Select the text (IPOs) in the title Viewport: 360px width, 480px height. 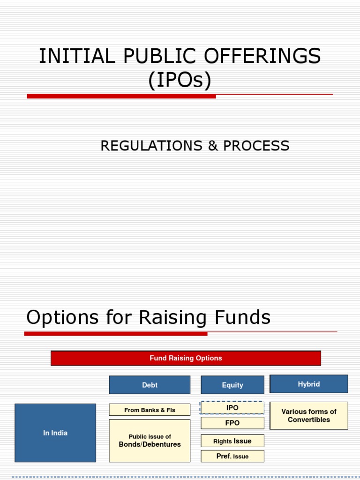[180, 80]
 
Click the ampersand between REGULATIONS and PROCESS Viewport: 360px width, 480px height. [213, 146]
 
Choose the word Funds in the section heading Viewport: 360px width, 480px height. [246, 317]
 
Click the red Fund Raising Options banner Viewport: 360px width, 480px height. [186, 358]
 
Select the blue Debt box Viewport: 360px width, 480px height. [150, 385]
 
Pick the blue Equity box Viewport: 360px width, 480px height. [232, 385]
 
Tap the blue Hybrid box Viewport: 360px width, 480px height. [309, 384]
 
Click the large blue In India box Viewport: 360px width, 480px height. [55, 433]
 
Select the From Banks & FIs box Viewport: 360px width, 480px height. [150, 410]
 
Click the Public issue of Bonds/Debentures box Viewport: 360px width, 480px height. [150, 441]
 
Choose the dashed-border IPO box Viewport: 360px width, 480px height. [232, 408]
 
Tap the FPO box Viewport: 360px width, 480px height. [232, 423]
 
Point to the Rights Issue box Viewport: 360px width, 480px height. [232, 441]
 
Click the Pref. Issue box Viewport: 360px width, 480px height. [232, 456]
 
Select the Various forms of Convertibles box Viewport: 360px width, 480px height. [309, 415]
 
